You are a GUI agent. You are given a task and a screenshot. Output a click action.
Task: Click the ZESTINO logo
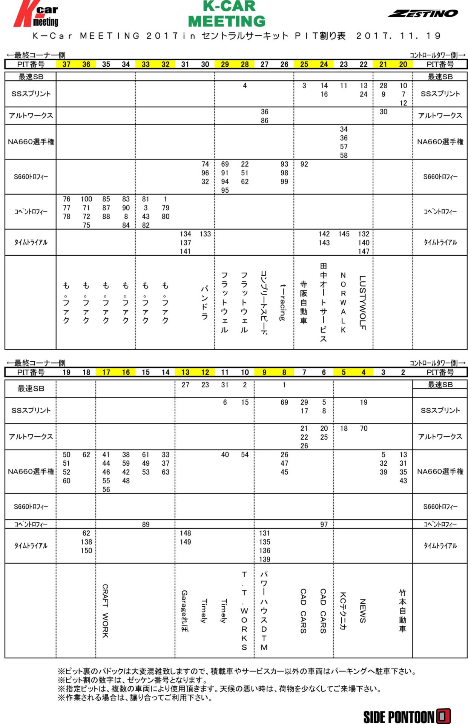tap(423, 14)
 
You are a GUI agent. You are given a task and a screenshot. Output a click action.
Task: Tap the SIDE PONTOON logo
tap(407, 716)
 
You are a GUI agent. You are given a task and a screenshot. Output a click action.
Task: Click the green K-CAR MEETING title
tap(227, 14)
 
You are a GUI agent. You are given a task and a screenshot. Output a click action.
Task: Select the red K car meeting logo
tap(37, 14)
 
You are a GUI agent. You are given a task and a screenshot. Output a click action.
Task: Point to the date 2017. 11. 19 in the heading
tap(398, 36)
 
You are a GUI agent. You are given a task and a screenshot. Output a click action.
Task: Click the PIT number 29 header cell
tap(225, 64)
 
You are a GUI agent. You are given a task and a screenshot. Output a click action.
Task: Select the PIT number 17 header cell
tap(106, 372)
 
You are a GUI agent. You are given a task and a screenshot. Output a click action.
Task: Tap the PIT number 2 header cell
tap(403, 372)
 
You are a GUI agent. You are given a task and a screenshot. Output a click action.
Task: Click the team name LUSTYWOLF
tap(363, 302)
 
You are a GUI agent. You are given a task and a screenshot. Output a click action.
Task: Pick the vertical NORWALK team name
tap(343, 302)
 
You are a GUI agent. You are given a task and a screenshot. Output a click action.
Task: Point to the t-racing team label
tap(283, 302)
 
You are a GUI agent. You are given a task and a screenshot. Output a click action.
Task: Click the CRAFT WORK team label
tap(106, 611)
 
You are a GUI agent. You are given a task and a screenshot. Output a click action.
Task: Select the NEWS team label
tap(363, 611)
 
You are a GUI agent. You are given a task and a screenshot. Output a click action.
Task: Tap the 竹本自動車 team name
tap(403, 611)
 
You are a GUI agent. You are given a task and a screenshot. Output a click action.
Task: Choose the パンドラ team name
tap(205, 302)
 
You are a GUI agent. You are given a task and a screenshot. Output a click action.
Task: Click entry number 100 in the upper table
tap(86, 199)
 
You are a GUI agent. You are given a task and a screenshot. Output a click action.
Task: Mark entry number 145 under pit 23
tap(344, 234)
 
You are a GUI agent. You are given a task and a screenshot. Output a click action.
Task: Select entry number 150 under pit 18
tap(86, 551)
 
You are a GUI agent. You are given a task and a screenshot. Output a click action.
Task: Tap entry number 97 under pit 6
tap(324, 524)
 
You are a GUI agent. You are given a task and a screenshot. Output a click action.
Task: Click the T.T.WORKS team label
tap(244, 611)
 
